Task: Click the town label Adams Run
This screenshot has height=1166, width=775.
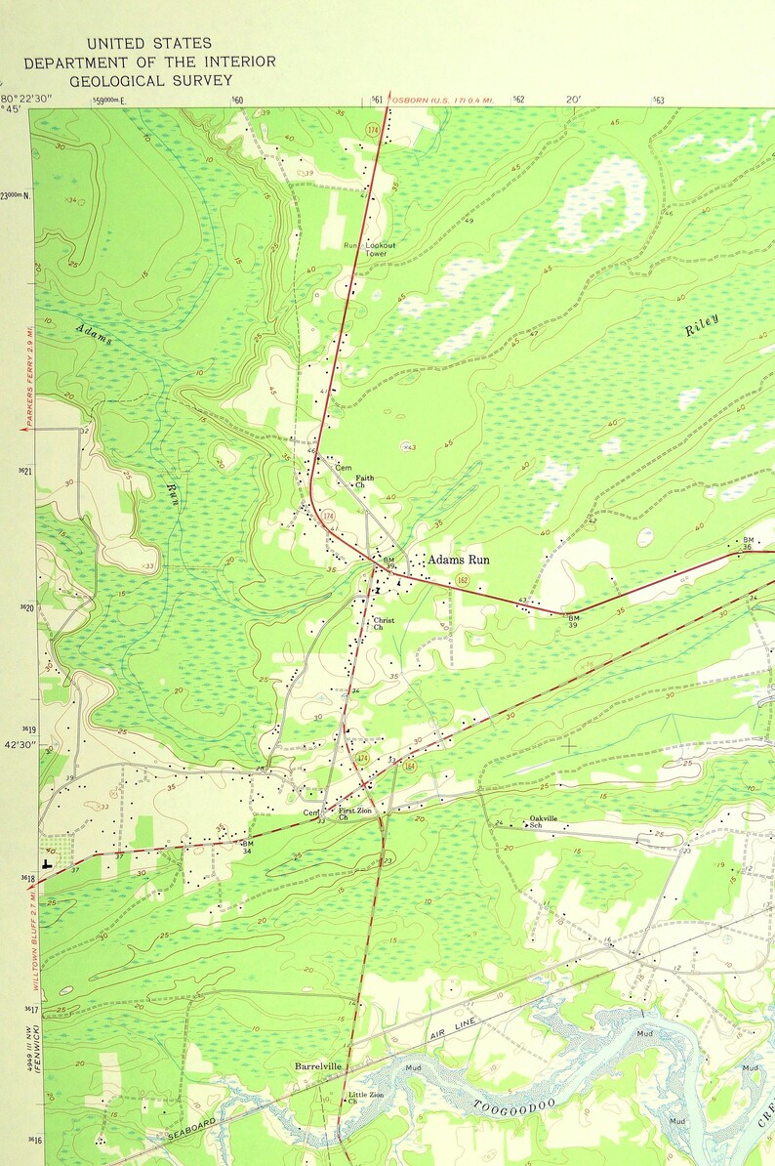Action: pos(458,561)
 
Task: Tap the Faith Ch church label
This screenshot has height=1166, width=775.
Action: pos(363,481)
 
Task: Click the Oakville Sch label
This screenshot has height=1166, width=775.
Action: pos(543,822)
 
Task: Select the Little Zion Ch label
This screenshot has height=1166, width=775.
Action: pos(366,1099)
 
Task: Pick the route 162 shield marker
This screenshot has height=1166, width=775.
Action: pos(461,580)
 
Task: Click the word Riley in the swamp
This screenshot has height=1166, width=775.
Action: pos(702,325)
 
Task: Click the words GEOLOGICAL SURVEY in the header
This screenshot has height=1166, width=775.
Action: pos(150,80)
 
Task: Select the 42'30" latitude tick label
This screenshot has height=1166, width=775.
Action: pos(20,744)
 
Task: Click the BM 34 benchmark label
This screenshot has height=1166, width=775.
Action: pos(247,847)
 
